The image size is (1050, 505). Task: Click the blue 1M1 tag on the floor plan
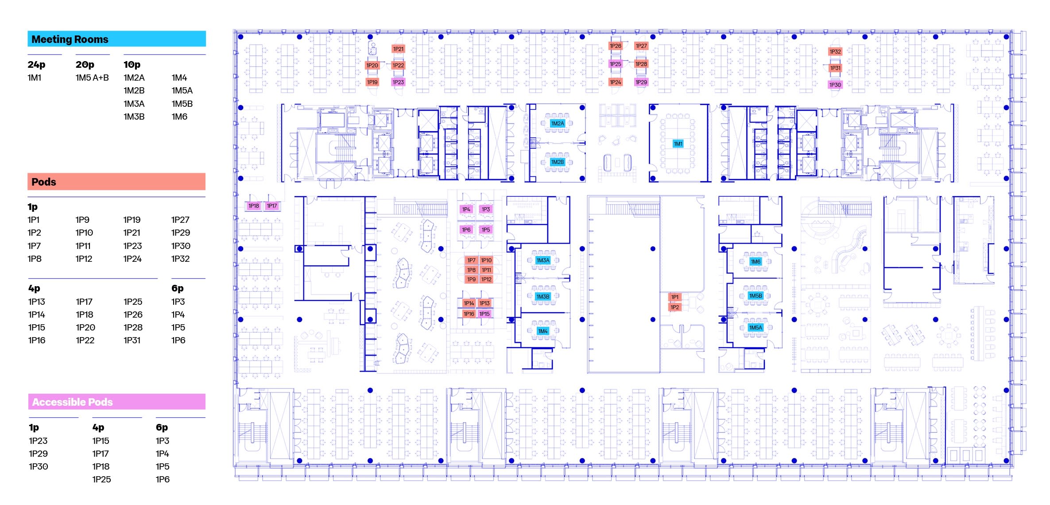pos(678,144)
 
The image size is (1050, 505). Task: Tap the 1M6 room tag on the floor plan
pos(756,261)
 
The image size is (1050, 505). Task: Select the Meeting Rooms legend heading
pos(70,39)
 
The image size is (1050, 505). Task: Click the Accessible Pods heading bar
pos(117,402)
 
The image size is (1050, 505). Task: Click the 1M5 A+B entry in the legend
pos(92,78)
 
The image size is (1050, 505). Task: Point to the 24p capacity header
pos(36,65)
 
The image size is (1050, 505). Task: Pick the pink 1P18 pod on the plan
pos(254,206)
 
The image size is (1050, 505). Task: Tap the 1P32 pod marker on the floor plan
pos(835,52)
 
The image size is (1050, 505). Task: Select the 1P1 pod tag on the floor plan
pos(674,297)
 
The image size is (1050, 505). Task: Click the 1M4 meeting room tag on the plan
pos(543,331)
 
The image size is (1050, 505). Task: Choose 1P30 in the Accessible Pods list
pos(39,466)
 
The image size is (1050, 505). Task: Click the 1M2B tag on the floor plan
pos(558,162)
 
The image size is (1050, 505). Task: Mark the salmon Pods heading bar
pos(116,182)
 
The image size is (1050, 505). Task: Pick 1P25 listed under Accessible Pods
pos(101,479)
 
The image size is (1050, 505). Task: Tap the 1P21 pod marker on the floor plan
pos(398,49)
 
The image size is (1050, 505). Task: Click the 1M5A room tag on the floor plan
pos(756,328)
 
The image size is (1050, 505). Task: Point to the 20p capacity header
pos(85,65)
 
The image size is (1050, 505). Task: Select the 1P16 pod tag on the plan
pos(469,314)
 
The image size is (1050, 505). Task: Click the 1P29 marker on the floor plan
pos(641,82)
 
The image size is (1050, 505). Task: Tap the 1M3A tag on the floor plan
pos(543,260)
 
